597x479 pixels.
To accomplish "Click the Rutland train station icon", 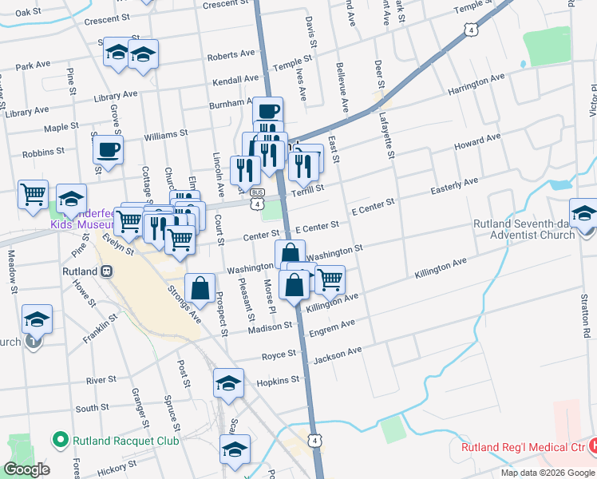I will pyautogui.click(x=106, y=271).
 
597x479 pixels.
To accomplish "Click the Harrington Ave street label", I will pyautogui.click(x=477, y=83).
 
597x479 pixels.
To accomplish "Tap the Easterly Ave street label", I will pyautogui.click(x=454, y=186).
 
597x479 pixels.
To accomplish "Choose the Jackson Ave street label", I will pyautogui.click(x=338, y=355).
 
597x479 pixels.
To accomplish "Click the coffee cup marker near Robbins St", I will pyautogui.click(x=109, y=149).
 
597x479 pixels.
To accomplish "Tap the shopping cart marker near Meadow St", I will pyautogui.click(x=34, y=194).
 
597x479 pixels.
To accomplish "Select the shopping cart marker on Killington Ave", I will pyautogui.click(x=329, y=279).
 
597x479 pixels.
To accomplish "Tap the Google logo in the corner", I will pyautogui.click(x=27, y=469).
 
